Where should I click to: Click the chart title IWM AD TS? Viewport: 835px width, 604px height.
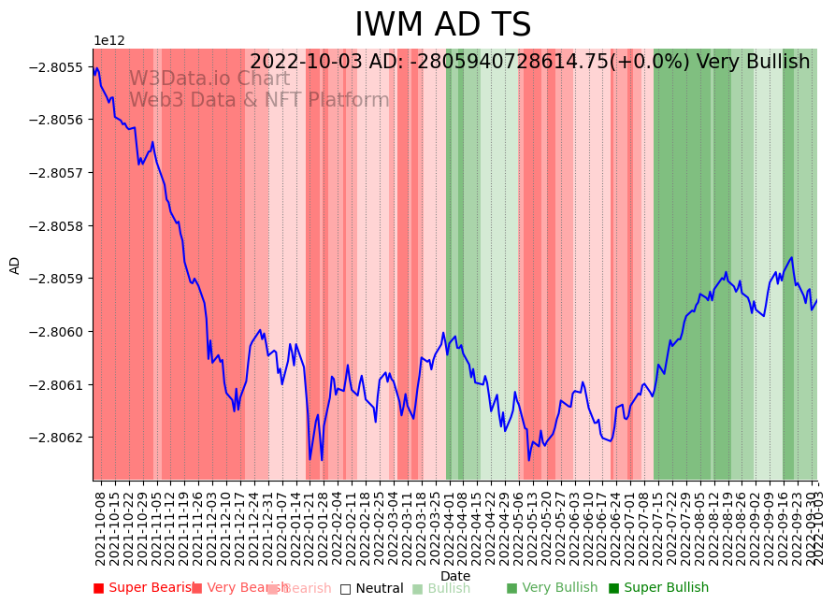pos(442,25)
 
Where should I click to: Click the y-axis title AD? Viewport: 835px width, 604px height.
pos(15,265)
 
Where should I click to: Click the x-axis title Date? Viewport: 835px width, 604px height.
pos(455,576)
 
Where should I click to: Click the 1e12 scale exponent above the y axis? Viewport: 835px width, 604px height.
pos(109,41)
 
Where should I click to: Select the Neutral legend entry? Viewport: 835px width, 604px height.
pos(371,588)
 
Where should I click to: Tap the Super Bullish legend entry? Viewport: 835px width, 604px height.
pos(658,588)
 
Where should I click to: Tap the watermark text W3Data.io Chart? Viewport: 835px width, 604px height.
pos(209,79)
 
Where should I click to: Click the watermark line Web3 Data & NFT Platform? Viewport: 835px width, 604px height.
pos(259,101)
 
